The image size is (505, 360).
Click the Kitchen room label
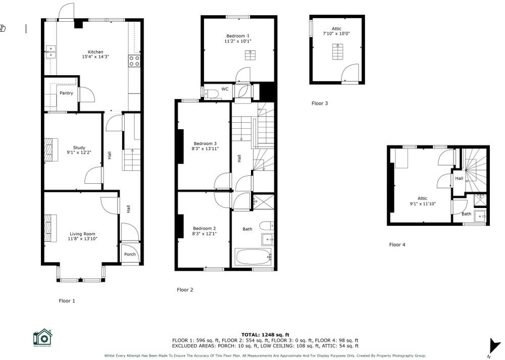pos(95,52)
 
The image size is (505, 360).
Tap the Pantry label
pos(66,93)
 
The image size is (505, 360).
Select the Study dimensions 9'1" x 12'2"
pos(79,152)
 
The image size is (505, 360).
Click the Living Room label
pos(82,234)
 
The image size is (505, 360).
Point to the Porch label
pos(130,254)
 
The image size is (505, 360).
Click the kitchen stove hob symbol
pos(134,61)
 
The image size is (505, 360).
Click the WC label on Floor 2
pos(225,89)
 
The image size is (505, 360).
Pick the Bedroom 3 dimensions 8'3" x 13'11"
pos(204,148)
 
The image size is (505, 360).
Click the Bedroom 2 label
pos(204,228)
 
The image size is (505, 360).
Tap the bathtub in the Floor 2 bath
pos(253,256)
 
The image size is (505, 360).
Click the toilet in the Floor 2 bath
pos(266,226)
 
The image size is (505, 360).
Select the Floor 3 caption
pos(320,104)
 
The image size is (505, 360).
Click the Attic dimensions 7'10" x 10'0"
pos(337,34)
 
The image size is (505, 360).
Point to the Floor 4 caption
pos(397,245)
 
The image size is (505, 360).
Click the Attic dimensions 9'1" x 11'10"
pos(422,203)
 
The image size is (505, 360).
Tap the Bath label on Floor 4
pos(466,214)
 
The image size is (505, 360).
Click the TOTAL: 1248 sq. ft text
pos(265,335)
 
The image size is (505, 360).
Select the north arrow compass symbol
pos(493,346)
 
